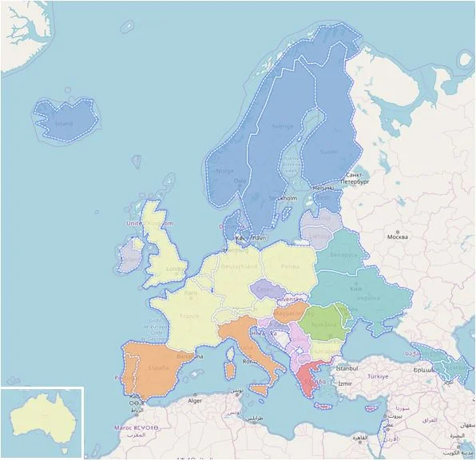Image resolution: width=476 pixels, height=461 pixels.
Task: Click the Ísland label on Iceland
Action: coord(63,124)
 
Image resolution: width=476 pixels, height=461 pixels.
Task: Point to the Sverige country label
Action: coord(284,126)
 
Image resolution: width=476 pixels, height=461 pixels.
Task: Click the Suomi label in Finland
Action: coord(329,150)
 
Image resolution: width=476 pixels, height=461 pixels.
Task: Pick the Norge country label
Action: coord(224,170)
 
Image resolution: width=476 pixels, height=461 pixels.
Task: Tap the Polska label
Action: coord(289,265)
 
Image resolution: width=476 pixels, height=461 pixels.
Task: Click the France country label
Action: coord(189,316)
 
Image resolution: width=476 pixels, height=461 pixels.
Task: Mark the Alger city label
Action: coord(195,399)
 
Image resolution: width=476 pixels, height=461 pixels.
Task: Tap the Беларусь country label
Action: coord(343,254)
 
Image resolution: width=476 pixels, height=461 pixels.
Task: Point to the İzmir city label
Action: coord(343,384)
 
